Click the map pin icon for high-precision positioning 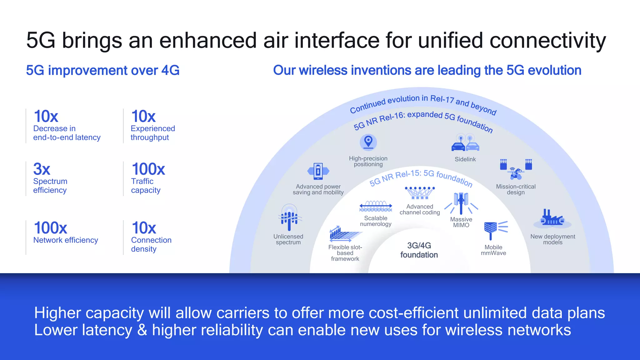click(368, 142)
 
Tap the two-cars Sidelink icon click(465, 143)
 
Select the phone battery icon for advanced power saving click(318, 171)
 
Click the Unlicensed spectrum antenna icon click(289, 217)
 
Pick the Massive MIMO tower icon click(461, 203)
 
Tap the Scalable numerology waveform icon click(376, 206)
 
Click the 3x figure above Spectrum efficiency click(42, 169)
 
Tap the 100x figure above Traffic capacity click(148, 169)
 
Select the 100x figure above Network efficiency click(50, 228)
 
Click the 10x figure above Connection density click(144, 228)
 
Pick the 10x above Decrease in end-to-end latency click(46, 116)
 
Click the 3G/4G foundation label click(419, 250)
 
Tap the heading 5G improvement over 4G click(103, 70)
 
